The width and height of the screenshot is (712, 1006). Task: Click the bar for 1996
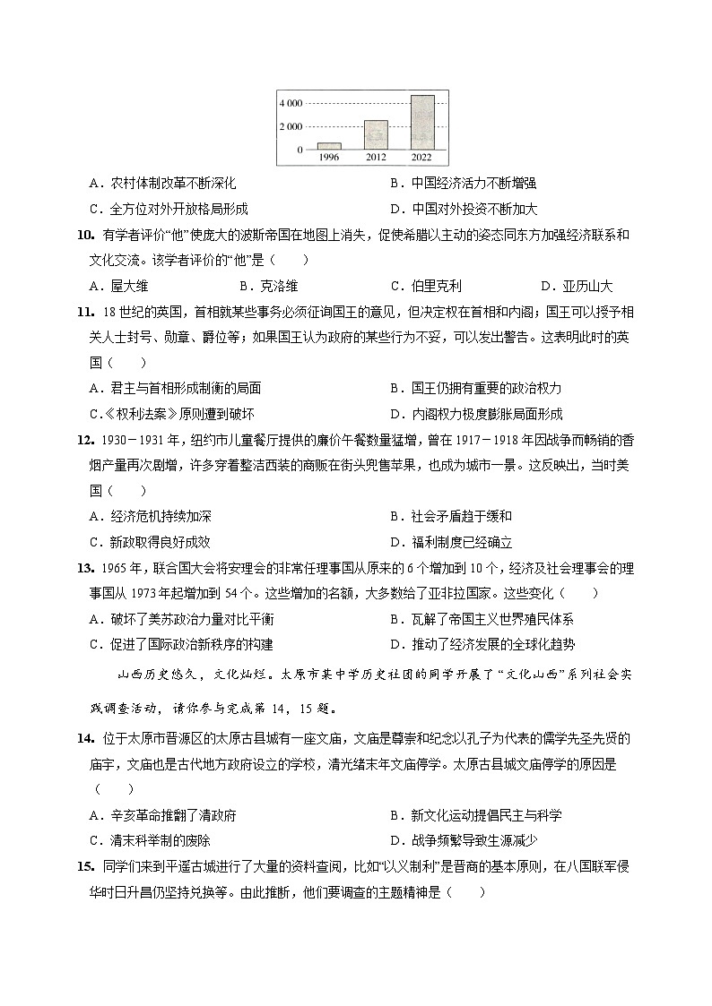[x=329, y=145]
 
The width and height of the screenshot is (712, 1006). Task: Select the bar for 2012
[x=376, y=134]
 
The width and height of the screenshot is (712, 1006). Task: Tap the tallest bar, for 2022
[x=422, y=122]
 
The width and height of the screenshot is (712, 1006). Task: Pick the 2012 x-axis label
[x=376, y=157]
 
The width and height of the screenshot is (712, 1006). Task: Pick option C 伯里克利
[x=426, y=287]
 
